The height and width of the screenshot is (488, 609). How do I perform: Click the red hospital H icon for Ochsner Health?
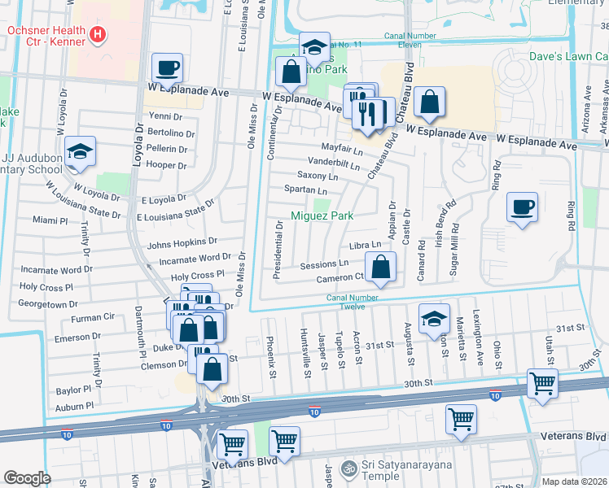coord(98,34)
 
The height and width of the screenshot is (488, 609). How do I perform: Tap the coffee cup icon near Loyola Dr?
coord(168,68)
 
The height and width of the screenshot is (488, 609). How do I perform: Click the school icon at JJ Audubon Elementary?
coord(80,151)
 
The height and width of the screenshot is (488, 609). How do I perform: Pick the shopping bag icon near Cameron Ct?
coord(380,266)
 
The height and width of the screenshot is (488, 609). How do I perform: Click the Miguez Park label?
coord(322,216)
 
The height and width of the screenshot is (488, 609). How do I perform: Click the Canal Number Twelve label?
coord(357,302)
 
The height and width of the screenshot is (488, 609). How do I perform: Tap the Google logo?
coord(27,478)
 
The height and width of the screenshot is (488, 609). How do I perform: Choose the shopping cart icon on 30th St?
coord(541,382)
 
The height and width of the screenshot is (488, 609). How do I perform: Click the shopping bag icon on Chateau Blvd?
coord(429,102)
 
